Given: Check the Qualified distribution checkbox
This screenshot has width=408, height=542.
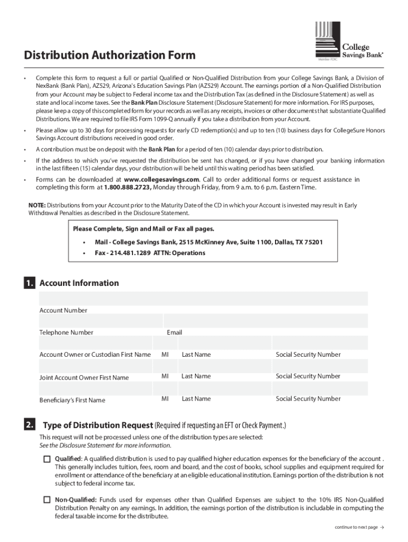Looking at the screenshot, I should click(47, 459).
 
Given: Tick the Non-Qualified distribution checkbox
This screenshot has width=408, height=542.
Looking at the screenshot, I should click(47, 500).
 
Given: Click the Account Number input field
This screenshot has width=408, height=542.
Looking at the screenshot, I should click(203, 299).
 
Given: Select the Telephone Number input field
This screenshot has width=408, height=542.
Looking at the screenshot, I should click(100, 321).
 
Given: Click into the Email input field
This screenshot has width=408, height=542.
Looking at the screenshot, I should click(265, 321).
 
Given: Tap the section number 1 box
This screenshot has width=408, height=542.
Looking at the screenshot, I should click(30, 284).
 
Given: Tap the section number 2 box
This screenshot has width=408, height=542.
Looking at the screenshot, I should click(30, 424).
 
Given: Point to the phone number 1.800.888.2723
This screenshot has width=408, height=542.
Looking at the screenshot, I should click(123, 187).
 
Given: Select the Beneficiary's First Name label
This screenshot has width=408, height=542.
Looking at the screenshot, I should click(72, 400).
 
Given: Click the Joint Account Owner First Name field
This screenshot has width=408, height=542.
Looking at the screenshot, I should click(95, 365).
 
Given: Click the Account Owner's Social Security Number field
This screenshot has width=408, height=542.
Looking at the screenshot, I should click(320, 342).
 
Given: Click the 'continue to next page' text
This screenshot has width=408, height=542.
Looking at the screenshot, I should click(356, 527).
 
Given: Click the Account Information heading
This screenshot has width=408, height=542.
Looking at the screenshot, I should click(79, 283).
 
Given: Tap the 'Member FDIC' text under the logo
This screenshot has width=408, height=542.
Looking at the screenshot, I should click(327, 60).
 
